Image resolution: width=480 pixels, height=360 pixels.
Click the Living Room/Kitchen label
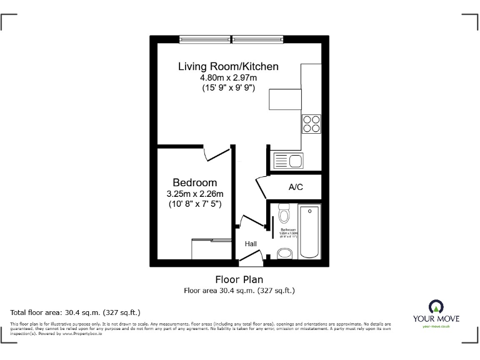(x=228, y=66)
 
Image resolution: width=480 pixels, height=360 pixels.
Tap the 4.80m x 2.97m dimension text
(x=228, y=77)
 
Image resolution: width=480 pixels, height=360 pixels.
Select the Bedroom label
(x=194, y=182)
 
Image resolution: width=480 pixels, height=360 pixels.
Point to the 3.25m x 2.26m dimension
(x=194, y=194)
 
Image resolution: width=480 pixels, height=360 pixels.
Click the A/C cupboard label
(x=296, y=186)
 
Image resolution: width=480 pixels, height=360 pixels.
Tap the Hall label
(x=250, y=244)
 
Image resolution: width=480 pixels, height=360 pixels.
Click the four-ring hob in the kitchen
(x=311, y=123)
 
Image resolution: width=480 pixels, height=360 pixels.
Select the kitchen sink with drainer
(x=287, y=161)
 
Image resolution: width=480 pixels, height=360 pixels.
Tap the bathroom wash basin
(x=284, y=253)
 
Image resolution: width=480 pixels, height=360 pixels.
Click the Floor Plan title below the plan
(x=239, y=279)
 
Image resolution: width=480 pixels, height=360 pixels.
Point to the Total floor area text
(x=75, y=311)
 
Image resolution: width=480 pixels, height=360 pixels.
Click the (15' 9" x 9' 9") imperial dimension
(x=228, y=88)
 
